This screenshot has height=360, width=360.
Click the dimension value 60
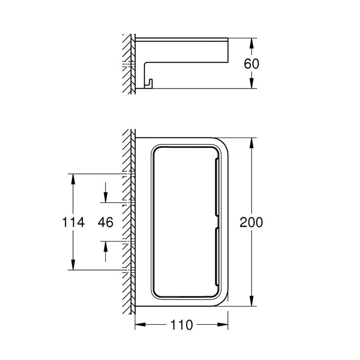pos(251,63)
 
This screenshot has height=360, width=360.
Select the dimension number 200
pos(251,222)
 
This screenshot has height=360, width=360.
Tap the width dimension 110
pos(181,325)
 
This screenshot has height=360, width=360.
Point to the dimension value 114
pos(73,222)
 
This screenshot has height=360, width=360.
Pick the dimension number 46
pos(106,222)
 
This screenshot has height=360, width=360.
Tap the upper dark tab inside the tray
pos(216,186)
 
